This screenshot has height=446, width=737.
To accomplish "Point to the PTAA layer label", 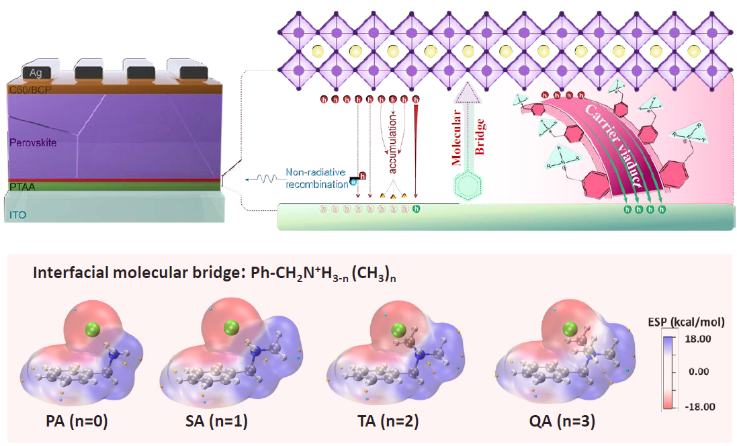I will click(21, 186).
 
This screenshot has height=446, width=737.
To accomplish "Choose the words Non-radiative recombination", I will click(316, 178).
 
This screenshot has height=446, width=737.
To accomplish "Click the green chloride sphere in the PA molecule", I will click(94, 329).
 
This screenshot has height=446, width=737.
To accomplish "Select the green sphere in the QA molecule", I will click(570, 328).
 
